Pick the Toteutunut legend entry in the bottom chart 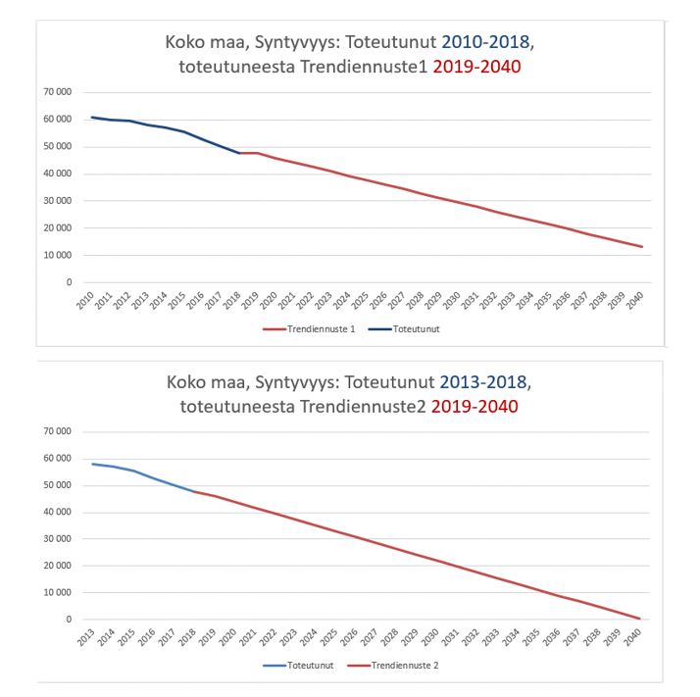(x=311, y=666)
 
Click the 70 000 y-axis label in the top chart (x=58, y=92)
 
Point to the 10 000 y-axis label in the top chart (x=58, y=255)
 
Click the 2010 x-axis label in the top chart (x=85, y=300)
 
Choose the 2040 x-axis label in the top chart (x=635, y=300)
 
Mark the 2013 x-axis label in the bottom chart (x=85, y=638)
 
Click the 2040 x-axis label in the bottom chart (x=635, y=638)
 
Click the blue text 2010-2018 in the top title (x=487, y=44)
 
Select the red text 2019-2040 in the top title (x=475, y=69)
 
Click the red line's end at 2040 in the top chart (x=642, y=246)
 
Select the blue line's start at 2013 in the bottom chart (x=92, y=464)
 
